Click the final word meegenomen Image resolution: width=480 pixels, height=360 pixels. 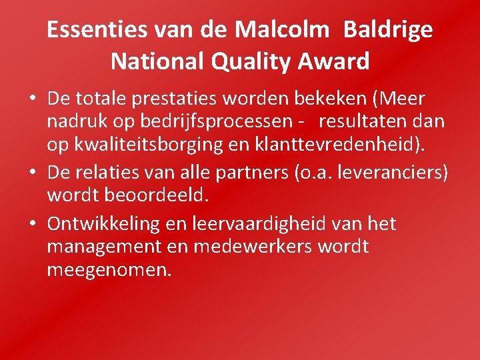pos(109,271)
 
